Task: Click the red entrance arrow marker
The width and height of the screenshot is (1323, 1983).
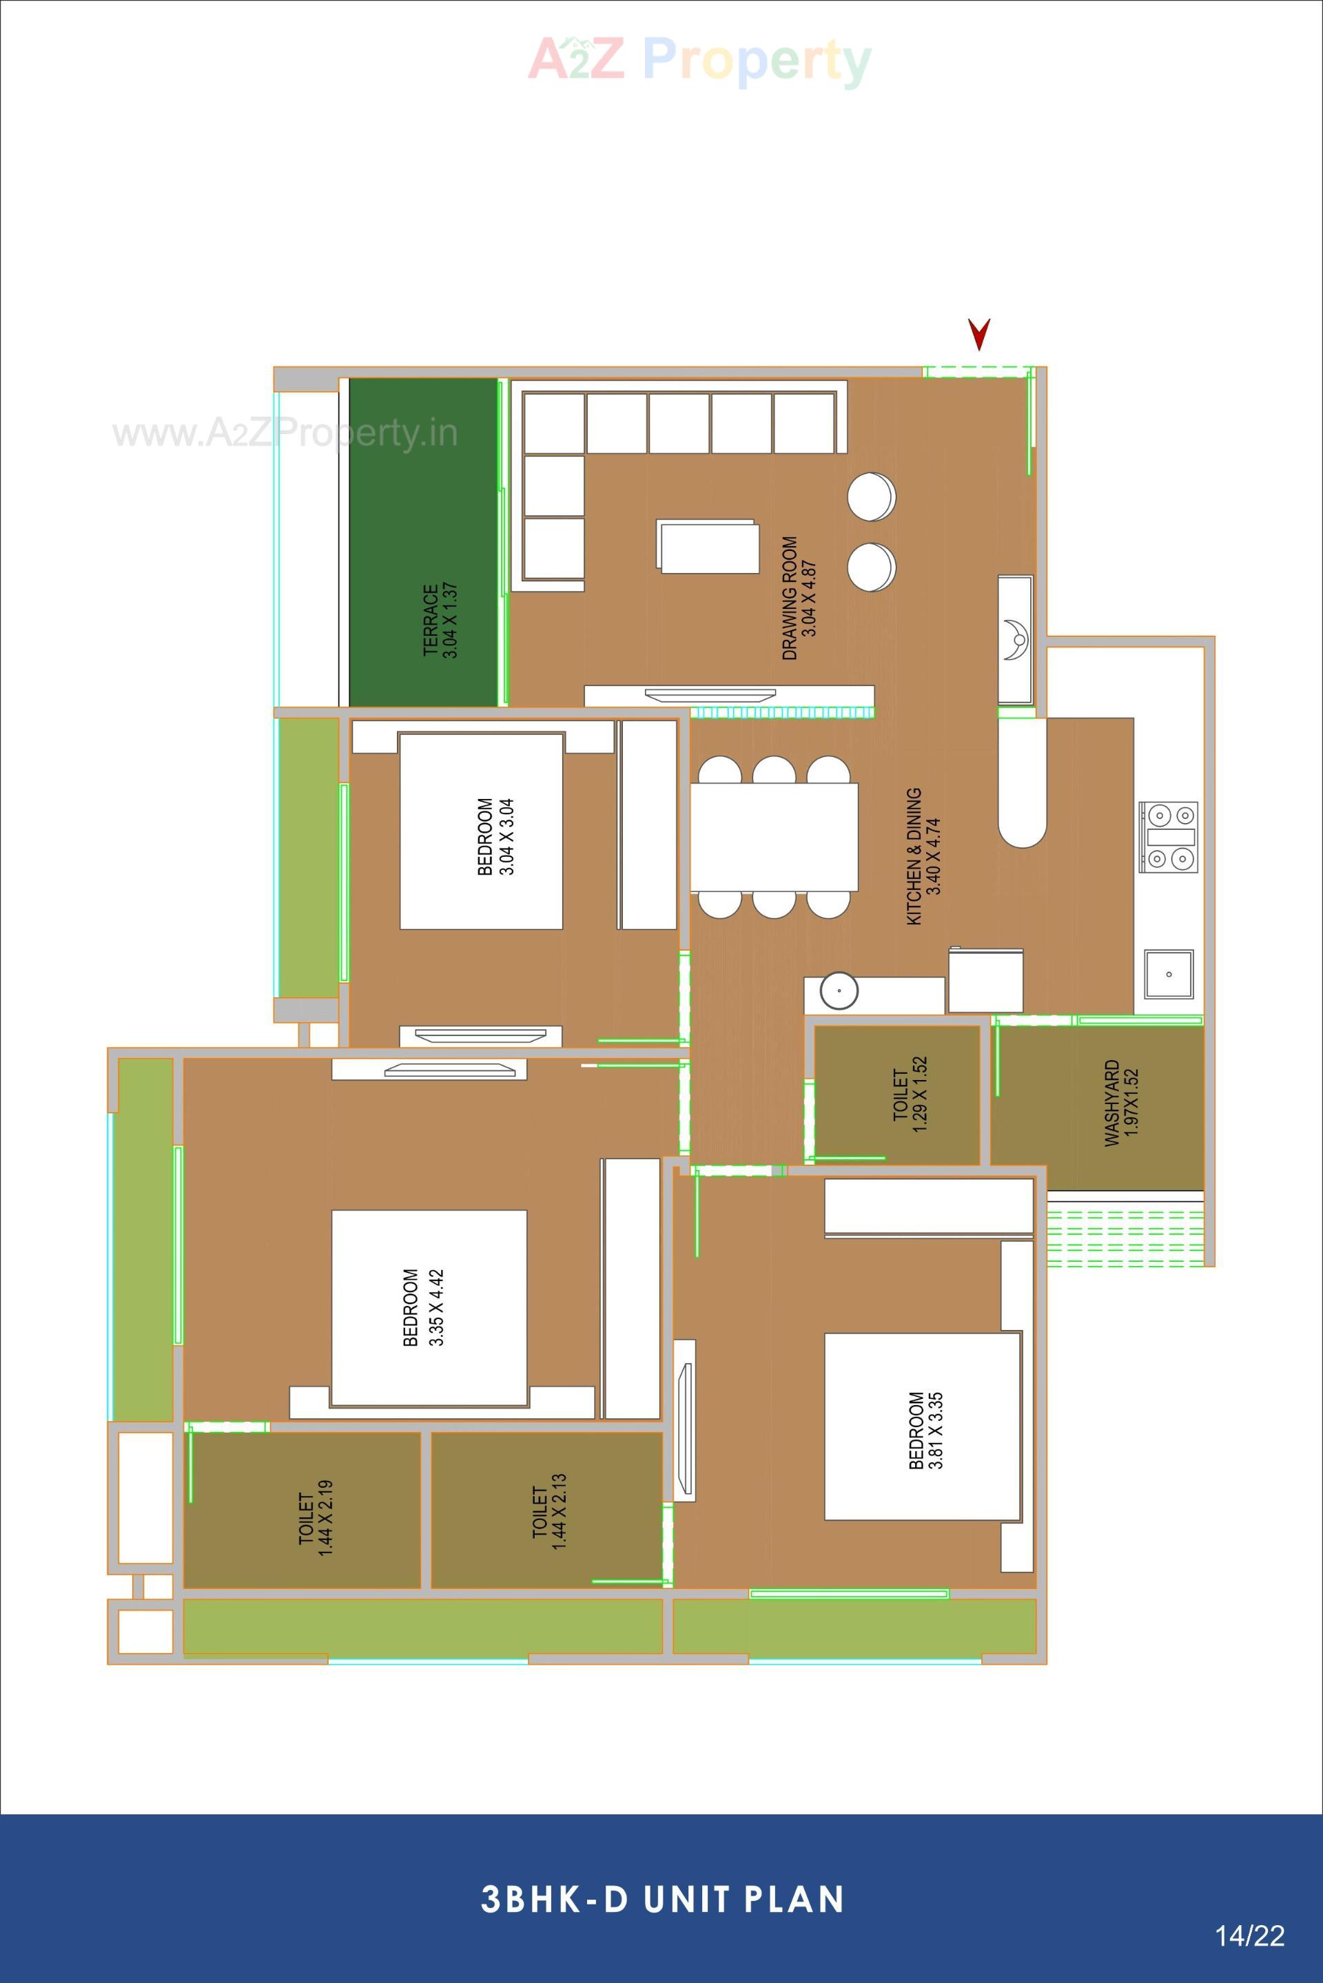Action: (x=978, y=334)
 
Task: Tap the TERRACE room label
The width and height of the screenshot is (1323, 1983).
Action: (x=440, y=620)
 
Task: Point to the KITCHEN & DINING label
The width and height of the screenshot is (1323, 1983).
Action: (x=923, y=856)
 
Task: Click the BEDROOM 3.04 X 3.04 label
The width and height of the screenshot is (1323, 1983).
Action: (x=495, y=836)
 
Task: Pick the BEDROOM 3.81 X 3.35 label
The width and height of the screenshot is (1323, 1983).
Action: (x=925, y=1431)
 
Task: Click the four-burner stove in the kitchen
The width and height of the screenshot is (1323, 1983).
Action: (x=1168, y=837)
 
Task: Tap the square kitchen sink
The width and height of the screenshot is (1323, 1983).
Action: (x=1168, y=973)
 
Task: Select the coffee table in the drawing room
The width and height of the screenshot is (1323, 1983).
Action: (x=707, y=547)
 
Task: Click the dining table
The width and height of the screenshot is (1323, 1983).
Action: (x=774, y=837)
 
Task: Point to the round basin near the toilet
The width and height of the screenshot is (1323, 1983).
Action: (x=839, y=990)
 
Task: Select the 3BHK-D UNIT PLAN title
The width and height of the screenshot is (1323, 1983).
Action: (x=662, y=1900)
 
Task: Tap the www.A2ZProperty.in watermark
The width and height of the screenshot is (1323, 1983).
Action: (x=285, y=433)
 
